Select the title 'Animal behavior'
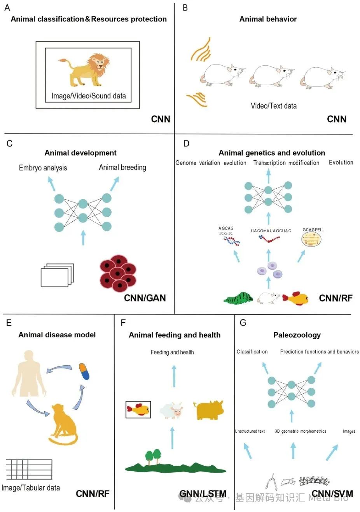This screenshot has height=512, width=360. click(x=268, y=19)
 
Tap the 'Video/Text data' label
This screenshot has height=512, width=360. click(x=274, y=105)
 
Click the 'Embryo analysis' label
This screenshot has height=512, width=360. click(x=43, y=168)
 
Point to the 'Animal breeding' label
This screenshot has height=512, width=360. click(x=122, y=167)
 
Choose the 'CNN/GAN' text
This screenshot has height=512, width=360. click(x=145, y=298)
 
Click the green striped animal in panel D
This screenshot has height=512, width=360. click(x=238, y=298)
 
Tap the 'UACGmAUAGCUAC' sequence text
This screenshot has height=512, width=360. click(x=271, y=231)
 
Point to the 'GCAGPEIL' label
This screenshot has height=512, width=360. click(x=313, y=230)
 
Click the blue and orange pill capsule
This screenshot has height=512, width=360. click(x=84, y=371)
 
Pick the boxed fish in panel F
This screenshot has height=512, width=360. click(x=138, y=409)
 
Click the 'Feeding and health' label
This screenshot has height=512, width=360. click(x=172, y=352)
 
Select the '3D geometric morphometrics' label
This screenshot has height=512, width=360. click(x=301, y=431)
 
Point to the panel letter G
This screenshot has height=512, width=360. click(x=243, y=323)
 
